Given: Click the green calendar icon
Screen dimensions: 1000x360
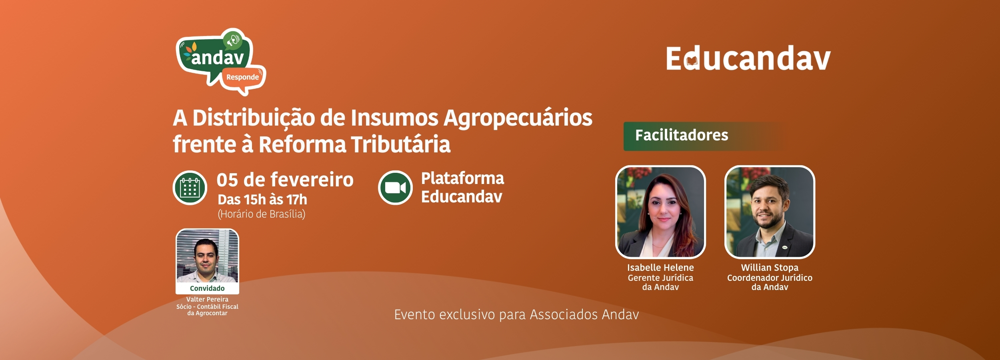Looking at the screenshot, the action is coord(190,188).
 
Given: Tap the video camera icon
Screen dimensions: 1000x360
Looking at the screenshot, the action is coord(395,188).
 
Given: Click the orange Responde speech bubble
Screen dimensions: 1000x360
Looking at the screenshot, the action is coord(243,77).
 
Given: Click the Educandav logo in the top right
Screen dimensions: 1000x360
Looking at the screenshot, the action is coord(748,58).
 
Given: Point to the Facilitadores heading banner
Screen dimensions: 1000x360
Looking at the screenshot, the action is coord(704,136).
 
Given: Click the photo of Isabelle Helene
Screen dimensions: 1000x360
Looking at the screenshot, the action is coord(660,212).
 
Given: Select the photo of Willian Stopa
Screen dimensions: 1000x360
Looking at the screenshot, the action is coord(770,212).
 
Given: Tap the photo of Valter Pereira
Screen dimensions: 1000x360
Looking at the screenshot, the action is coord(207,256).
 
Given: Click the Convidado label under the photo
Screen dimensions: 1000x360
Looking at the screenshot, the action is coord(207,288).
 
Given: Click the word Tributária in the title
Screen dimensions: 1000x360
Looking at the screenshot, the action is coord(400,144).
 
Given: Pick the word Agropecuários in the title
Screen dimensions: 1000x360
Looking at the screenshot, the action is coord(518,119).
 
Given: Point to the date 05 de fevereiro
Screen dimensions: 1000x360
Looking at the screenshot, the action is coord(285,180).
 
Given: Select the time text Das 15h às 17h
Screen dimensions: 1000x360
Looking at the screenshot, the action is coord(262,199).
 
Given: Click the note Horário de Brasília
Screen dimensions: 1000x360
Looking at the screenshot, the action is coord(262,214).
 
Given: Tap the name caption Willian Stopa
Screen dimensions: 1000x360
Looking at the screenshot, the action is coord(770,268).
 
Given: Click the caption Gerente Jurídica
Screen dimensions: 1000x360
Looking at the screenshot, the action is coord(660,278).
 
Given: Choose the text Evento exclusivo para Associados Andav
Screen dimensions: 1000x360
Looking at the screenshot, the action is coord(516,315).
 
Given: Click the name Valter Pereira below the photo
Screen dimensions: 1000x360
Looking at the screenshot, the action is coord(207,299).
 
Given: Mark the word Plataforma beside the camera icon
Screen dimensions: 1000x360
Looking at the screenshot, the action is coord(463,179).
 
